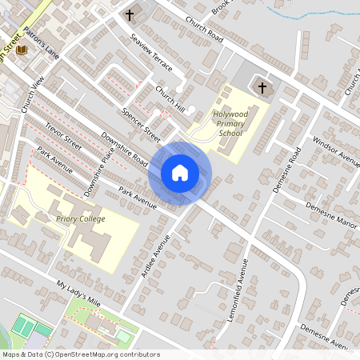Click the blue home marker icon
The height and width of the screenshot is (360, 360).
180,173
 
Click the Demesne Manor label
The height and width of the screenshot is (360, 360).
330,213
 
